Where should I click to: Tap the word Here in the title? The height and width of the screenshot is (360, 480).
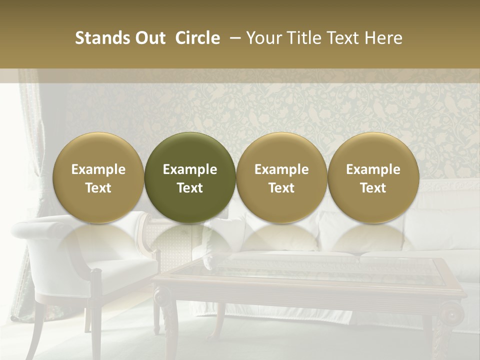383,38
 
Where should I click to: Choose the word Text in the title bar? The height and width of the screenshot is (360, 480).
343,38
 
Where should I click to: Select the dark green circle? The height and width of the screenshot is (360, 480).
190,177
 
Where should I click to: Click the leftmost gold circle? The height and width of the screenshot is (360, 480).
98,177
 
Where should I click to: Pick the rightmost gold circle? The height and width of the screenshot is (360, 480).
373,177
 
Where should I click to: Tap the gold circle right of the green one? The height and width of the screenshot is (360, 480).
281,177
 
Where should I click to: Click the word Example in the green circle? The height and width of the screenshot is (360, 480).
190,169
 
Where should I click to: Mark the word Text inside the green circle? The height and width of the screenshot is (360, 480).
190,188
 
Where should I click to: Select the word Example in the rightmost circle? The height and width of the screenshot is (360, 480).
373,169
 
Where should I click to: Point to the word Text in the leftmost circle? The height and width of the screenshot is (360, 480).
98,188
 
